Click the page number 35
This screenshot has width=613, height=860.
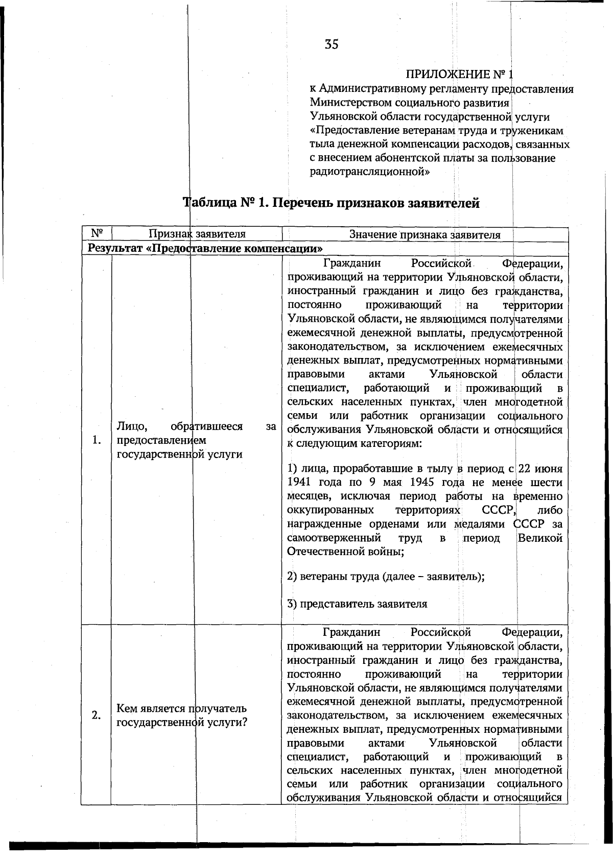pyautogui.click(x=331, y=44)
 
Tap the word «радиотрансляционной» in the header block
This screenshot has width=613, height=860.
pyautogui.click(x=370, y=171)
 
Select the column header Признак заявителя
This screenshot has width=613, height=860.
pyautogui.click(x=197, y=234)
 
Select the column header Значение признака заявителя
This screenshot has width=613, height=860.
pyautogui.click(x=425, y=234)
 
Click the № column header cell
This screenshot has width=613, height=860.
pyautogui.click(x=97, y=234)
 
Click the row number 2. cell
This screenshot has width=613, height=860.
pyautogui.click(x=96, y=715)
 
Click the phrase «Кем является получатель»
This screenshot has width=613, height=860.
pyautogui.click(x=181, y=708)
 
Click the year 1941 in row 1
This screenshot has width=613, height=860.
pyautogui.click(x=299, y=482)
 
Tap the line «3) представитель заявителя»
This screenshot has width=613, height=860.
pyautogui.click(x=357, y=604)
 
